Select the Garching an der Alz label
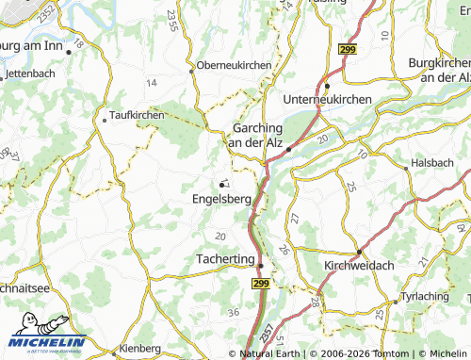click(256, 134)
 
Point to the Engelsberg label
click(221, 199)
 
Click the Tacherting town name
click(225, 258)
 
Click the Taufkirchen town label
click(138, 115)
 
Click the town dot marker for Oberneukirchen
click(191, 68)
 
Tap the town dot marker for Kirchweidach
click(359, 252)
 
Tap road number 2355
click(171, 44)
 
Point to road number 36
click(233, 313)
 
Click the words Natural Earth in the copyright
click(270, 353)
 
